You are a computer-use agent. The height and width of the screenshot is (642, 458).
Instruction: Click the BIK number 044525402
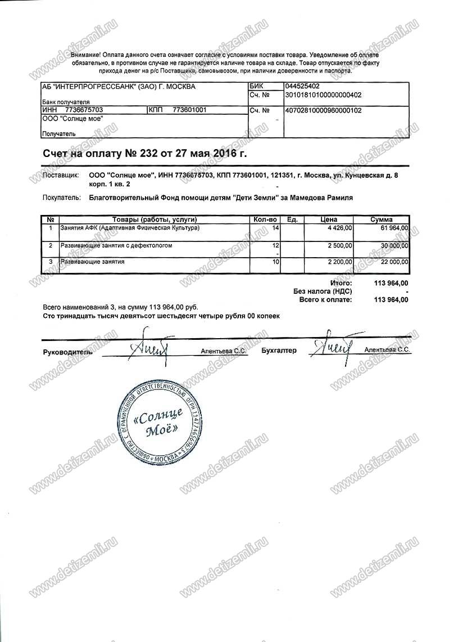tap(302, 87)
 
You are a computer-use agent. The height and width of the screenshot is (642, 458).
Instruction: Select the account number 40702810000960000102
tap(323, 111)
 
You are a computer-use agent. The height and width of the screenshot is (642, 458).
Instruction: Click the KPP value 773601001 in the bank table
tap(190, 110)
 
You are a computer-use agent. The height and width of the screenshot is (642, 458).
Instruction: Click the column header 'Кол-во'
tap(264, 219)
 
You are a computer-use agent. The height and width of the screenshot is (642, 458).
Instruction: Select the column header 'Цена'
tap(328, 219)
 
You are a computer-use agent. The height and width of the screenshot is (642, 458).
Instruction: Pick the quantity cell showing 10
tap(275, 262)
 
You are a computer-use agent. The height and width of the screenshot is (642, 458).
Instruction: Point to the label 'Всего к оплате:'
tap(326, 300)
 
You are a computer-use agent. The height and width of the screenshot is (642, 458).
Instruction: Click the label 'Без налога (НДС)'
tap(323, 291)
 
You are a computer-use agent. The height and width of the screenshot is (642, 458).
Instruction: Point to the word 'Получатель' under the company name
tap(58, 134)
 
